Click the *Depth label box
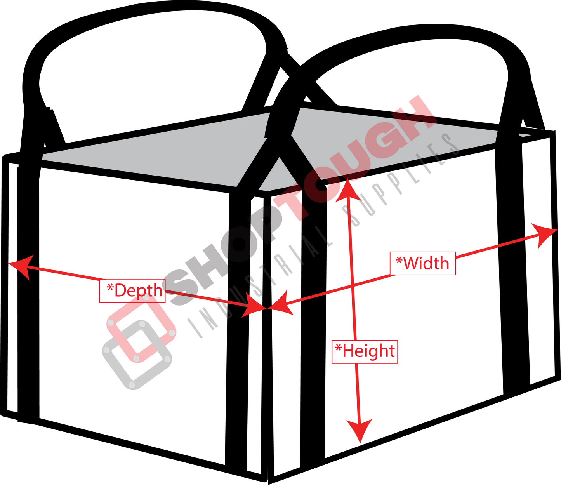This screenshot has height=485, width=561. pos(132,291)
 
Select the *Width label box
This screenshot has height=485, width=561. pos(422,263)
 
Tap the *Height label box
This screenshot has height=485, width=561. pos(365,352)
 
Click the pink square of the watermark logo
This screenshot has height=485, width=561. pos(141,329)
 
